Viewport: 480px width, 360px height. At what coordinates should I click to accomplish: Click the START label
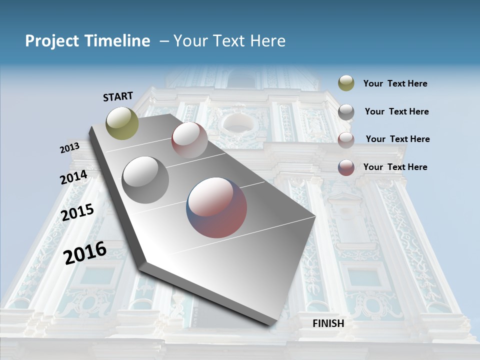(x=118, y=96)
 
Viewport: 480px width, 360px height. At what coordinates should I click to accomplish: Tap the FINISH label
(x=328, y=323)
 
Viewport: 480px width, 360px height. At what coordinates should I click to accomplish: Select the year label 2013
(x=69, y=148)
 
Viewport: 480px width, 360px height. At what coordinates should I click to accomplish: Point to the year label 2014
(x=73, y=177)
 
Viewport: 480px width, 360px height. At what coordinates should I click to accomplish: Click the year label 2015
(x=77, y=212)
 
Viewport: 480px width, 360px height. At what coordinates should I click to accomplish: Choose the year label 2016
(x=85, y=252)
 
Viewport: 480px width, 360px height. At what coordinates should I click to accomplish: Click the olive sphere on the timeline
(x=122, y=123)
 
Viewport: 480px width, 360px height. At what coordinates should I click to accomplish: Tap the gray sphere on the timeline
(x=145, y=180)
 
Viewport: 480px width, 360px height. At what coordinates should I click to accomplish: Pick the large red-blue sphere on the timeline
(x=216, y=207)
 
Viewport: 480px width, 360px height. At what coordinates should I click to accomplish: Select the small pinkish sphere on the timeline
(x=189, y=140)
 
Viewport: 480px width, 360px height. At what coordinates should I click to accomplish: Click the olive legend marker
(x=346, y=83)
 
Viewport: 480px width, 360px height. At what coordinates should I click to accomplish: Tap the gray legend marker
(x=346, y=111)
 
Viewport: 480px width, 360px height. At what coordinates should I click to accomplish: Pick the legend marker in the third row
(x=346, y=139)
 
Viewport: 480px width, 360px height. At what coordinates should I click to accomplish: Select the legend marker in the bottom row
(x=346, y=167)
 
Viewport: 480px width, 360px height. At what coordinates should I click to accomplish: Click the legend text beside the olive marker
(x=395, y=84)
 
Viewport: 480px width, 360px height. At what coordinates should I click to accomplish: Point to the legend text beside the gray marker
(x=396, y=111)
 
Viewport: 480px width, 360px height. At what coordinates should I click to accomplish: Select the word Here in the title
(x=267, y=41)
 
